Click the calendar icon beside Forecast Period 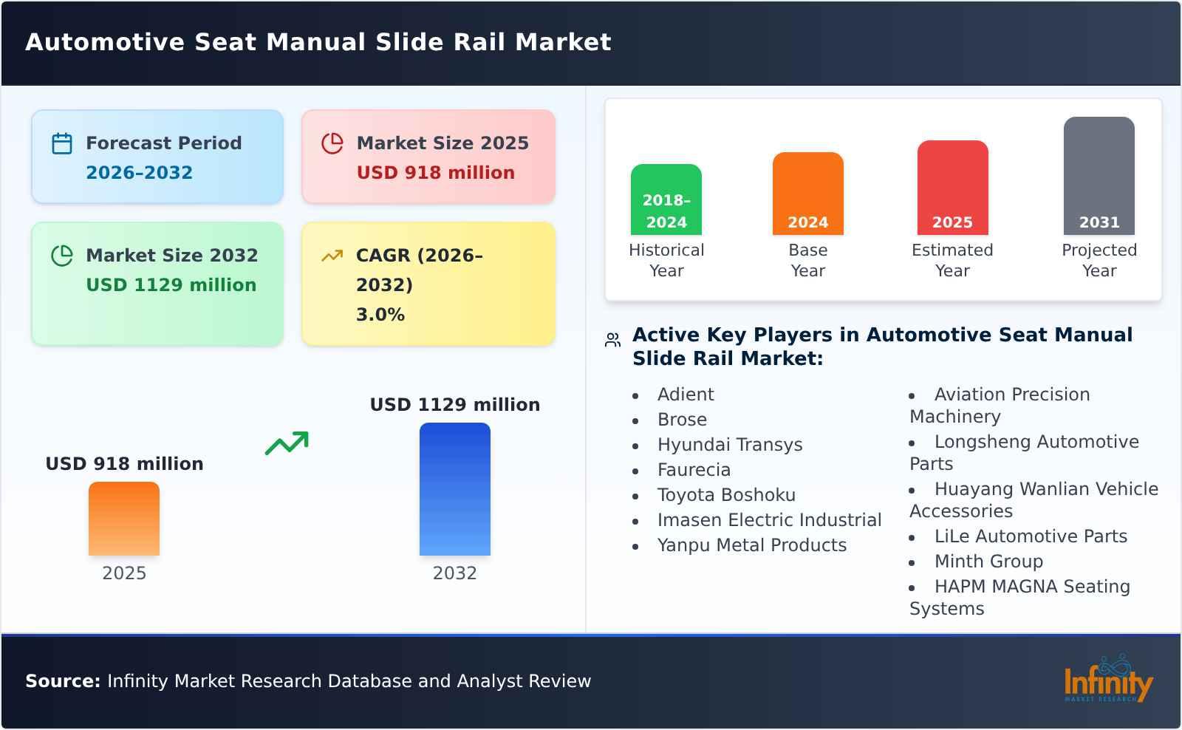pyautogui.click(x=62, y=143)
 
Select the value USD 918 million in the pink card pyautogui.click(x=435, y=173)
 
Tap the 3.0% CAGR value pyautogui.click(x=380, y=315)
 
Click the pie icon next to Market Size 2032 pyautogui.click(x=62, y=256)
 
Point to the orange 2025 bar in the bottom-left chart pyautogui.click(x=124, y=519)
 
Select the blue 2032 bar pyautogui.click(x=454, y=489)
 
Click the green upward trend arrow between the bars pyautogui.click(x=287, y=443)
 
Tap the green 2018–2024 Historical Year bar pyautogui.click(x=666, y=199)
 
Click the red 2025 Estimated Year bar pyautogui.click(x=952, y=188)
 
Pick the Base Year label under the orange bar pyautogui.click(x=807, y=260)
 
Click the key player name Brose pyautogui.click(x=682, y=420)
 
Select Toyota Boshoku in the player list pyautogui.click(x=726, y=495)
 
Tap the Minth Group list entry pyautogui.click(x=988, y=562)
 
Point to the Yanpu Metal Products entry pyautogui.click(x=751, y=545)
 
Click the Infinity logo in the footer pyautogui.click(x=1107, y=680)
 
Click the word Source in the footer pyautogui.click(x=62, y=681)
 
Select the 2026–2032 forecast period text pyautogui.click(x=139, y=173)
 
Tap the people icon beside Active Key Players pyautogui.click(x=612, y=340)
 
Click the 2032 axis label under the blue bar pyautogui.click(x=454, y=573)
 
